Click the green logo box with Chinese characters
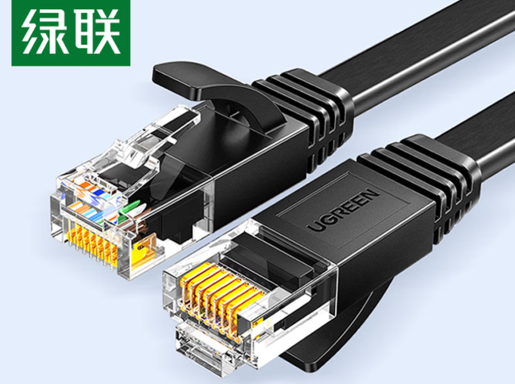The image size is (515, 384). click(x=71, y=33)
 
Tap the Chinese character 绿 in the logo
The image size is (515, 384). click(x=43, y=33)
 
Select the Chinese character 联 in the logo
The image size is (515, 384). click(x=96, y=33)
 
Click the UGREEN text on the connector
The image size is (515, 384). click(x=343, y=210)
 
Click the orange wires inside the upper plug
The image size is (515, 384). click(x=85, y=194)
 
